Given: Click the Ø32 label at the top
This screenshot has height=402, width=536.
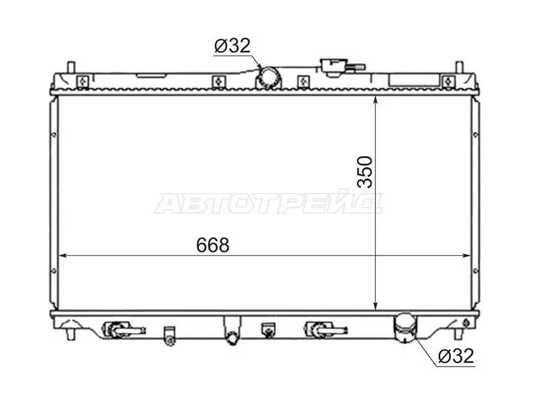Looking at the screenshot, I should click(232, 46).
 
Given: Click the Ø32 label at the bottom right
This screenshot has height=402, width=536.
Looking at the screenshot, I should click(456, 356).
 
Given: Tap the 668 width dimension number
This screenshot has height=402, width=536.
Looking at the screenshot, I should click(213, 245).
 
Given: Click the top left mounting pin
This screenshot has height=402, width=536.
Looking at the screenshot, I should click(71, 68).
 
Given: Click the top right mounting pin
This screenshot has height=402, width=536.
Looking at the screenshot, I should click(459, 68).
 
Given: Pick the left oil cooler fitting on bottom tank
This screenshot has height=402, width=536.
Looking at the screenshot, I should click(121, 329).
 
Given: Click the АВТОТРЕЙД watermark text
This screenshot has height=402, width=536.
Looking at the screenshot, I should click(268, 203).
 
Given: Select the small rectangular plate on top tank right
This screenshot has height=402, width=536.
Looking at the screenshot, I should click(406, 80).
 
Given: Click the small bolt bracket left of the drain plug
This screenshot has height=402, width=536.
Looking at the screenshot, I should click(170, 336).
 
